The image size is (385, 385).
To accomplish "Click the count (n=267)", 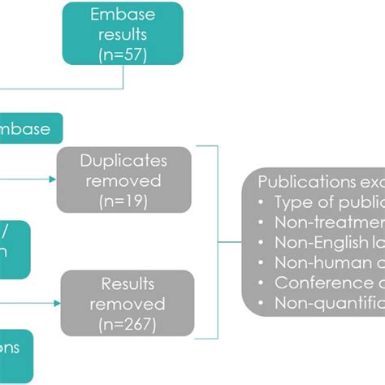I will click(x=126, y=323).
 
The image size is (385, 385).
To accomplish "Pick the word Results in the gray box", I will click(x=127, y=283).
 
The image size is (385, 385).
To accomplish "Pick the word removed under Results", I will click(x=126, y=303).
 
